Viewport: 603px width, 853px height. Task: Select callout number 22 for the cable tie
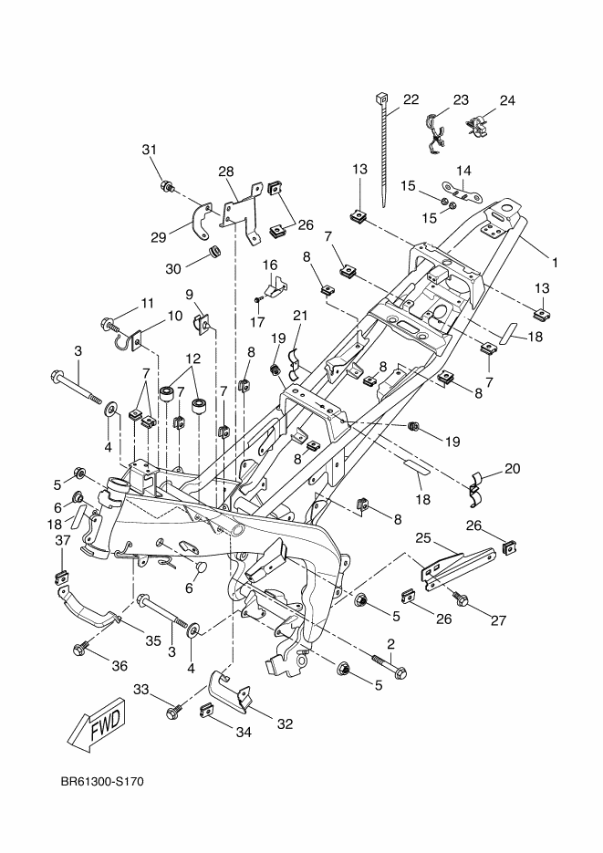(411, 99)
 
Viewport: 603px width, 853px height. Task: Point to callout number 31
(150, 150)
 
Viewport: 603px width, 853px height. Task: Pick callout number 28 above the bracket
(226, 172)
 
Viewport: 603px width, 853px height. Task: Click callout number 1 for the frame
(554, 263)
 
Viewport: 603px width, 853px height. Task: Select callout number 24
(506, 99)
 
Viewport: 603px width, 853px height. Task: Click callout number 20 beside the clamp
(512, 468)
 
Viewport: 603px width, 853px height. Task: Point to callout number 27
(498, 620)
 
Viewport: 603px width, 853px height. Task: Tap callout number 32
(285, 724)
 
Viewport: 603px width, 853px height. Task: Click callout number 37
(62, 540)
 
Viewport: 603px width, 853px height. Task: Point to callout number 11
(146, 303)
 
